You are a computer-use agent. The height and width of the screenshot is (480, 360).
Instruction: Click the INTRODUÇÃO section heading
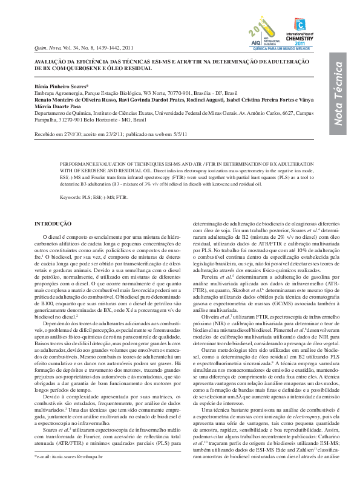54,224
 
